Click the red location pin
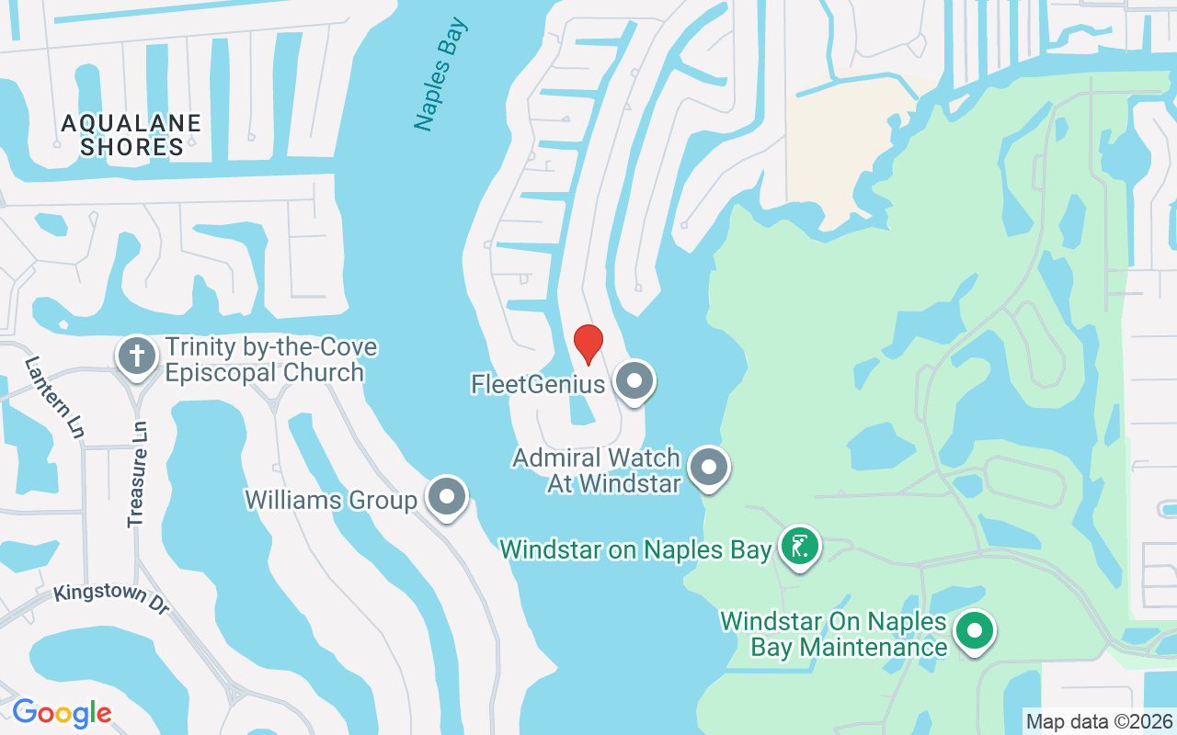tap(588, 343)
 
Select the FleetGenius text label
tap(538, 383)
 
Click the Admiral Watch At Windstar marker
tap(709, 468)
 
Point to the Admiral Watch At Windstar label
tap(597, 469)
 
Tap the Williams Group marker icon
tap(447, 497)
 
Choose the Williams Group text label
tap(331, 500)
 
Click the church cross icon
tap(137, 356)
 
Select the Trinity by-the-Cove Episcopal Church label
tap(270, 360)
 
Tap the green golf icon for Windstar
tap(800, 547)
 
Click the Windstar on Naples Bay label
tap(635, 549)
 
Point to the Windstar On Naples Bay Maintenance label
tap(834, 634)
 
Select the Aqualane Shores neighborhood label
tap(131, 135)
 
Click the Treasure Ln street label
tap(138, 474)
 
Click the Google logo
tap(62, 713)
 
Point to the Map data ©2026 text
tap(1100, 721)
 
